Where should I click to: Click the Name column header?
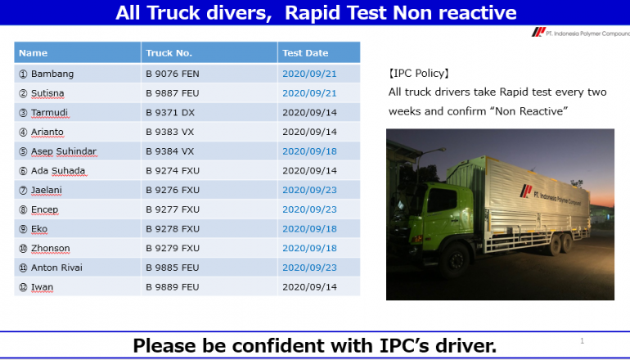click(x=33, y=53)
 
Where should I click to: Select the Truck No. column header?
click(x=169, y=53)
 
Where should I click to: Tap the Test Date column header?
click(x=305, y=53)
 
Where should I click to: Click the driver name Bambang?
click(x=52, y=74)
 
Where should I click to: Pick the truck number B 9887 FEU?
click(x=173, y=93)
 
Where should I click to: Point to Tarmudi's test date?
click(x=309, y=113)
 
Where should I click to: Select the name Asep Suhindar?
click(x=64, y=151)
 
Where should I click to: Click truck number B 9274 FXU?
click(x=173, y=171)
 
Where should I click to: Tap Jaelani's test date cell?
click(x=309, y=190)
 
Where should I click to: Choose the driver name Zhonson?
click(x=51, y=248)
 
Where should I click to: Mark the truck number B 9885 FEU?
click(x=173, y=268)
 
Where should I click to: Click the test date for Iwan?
click(x=309, y=287)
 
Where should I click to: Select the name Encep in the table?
click(x=45, y=209)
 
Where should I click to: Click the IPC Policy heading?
click(x=419, y=73)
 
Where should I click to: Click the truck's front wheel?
click(x=455, y=259)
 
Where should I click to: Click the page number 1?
click(x=582, y=341)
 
